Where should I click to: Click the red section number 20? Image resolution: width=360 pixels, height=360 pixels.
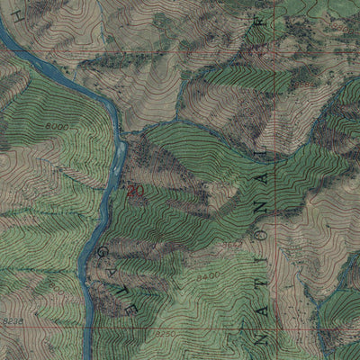coord(136,191)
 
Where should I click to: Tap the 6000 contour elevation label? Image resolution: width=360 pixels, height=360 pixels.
coord(56,127)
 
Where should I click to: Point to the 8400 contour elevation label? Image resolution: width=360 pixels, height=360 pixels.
coord(208,274)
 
